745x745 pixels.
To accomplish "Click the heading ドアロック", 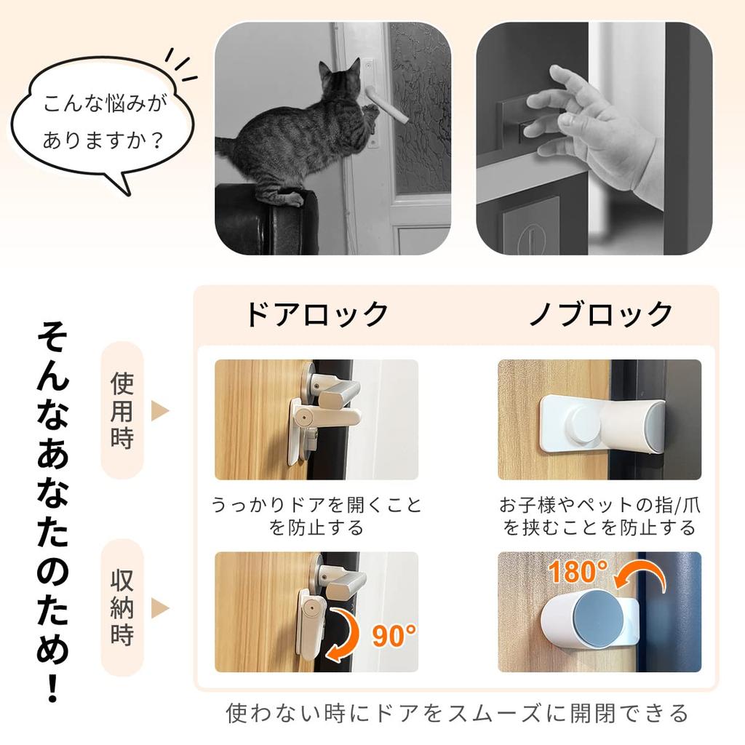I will coord(316,314).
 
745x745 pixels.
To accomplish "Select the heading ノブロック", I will coord(600,314).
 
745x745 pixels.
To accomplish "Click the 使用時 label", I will coord(121,410).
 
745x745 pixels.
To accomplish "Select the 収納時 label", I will coord(121,607).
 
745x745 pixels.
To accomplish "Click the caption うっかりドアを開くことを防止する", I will coord(316,516).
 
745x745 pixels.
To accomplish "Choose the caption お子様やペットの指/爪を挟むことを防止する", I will coord(599,516).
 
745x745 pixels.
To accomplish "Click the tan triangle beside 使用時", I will coord(159,410).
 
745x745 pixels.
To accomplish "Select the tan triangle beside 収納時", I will coord(159,607).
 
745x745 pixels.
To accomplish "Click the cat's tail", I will coord(226,146).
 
